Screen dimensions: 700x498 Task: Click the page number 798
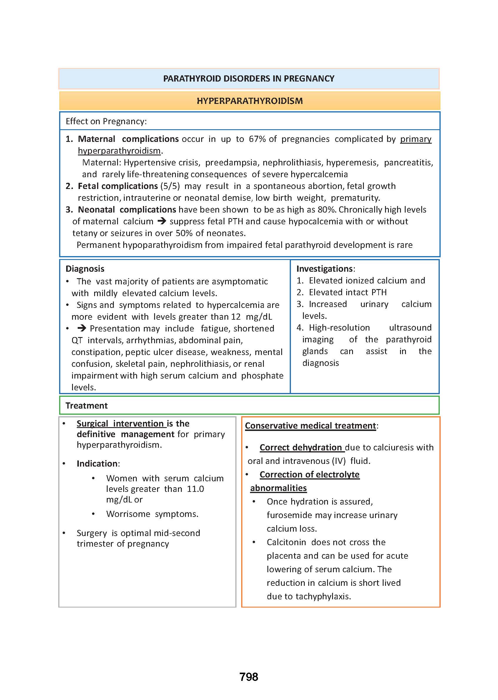[x=249, y=676]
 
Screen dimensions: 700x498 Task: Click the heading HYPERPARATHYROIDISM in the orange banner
[x=250, y=101]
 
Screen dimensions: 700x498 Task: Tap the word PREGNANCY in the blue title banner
[x=309, y=79]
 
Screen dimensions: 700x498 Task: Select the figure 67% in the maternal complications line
[x=257, y=139]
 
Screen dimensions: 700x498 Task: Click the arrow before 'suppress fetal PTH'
[x=161, y=221]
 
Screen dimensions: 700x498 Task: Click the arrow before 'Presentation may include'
[x=81, y=328]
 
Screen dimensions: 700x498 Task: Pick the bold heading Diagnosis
[x=85, y=269]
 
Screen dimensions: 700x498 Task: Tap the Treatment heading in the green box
[x=86, y=406]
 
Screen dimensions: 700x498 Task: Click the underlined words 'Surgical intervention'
[x=120, y=424]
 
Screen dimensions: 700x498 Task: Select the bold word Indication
[x=97, y=463]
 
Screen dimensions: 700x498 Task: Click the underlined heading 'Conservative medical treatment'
[x=310, y=426]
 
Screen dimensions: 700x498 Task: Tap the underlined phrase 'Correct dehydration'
[x=301, y=447]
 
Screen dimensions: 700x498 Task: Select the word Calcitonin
[x=286, y=542]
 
